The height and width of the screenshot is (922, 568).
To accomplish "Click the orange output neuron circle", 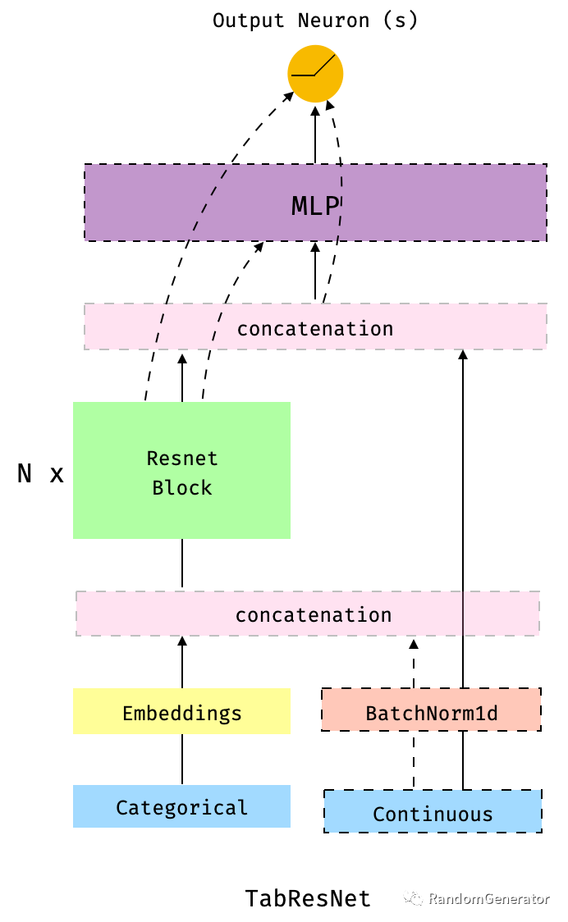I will pyautogui.click(x=315, y=75).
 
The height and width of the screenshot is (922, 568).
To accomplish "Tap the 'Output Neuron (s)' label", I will pyautogui.click(x=315, y=21).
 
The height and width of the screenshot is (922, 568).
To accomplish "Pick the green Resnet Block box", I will pyautogui.click(x=181, y=470).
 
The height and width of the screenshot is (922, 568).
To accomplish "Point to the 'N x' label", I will pyautogui.click(x=40, y=474).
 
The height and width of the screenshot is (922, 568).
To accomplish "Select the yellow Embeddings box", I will pyautogui.click(x=181, y=712).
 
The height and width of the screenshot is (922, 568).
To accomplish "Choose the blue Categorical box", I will pyautogui.click(x=181, y=807).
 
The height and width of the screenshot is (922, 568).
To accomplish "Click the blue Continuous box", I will pyautogui.click(x=433, y=812).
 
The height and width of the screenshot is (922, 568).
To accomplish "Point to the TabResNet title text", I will pyautogui.click(x=308, y=898).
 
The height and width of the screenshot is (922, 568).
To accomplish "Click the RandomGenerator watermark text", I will pyautogui.click(x=489, y=899).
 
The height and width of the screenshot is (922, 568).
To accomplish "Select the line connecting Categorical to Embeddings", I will pyautogui.click(x=182, y=760).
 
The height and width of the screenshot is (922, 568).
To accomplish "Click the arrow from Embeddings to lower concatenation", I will pyautogui.click(x=182, y=663).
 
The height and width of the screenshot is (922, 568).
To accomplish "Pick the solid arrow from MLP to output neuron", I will pyautogui.click(x=315, y=135).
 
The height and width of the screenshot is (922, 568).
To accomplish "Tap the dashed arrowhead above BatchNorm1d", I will pyautogui.click(x=414, y=645).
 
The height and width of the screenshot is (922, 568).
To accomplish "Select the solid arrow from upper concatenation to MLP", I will pyautogui.click(x=315, y=272).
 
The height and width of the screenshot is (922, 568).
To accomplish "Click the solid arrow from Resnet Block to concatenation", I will pyautogui.click(x=182, y=377).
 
